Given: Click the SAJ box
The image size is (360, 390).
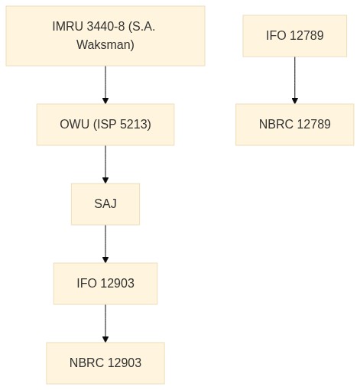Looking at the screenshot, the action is coord(105,204).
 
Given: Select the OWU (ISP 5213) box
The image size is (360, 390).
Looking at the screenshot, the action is coord(105,125).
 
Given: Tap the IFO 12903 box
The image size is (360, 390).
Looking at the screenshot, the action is coord(105,284).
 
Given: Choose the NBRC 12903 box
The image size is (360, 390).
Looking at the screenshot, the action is coord(105,363).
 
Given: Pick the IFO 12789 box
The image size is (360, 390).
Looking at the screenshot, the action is coord(295,36).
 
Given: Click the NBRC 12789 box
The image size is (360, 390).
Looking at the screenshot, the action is coord(295,125).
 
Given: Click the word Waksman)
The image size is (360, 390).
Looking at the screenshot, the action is coord(105,45).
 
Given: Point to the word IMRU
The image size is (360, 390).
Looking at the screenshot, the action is coord(68,26).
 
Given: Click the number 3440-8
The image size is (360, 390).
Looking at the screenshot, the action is coord(105,26).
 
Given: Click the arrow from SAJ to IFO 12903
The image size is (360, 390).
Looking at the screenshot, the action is coord(105,244).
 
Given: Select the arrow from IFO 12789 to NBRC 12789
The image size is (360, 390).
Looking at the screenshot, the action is coord(295,80).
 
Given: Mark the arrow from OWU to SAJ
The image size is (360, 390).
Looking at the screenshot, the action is coord(105,164).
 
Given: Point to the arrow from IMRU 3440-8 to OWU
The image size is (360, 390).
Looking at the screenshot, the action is coord(105,85).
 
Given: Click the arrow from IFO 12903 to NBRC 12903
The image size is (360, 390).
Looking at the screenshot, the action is coord(105,323).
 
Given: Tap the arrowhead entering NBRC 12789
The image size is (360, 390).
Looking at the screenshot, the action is coord(295,101).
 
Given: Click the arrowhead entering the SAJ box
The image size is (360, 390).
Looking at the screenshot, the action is coord(105,180).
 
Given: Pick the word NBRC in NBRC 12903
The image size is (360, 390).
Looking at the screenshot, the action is coord(86,363).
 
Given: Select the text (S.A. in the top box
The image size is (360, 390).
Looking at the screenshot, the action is coord(142,27).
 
